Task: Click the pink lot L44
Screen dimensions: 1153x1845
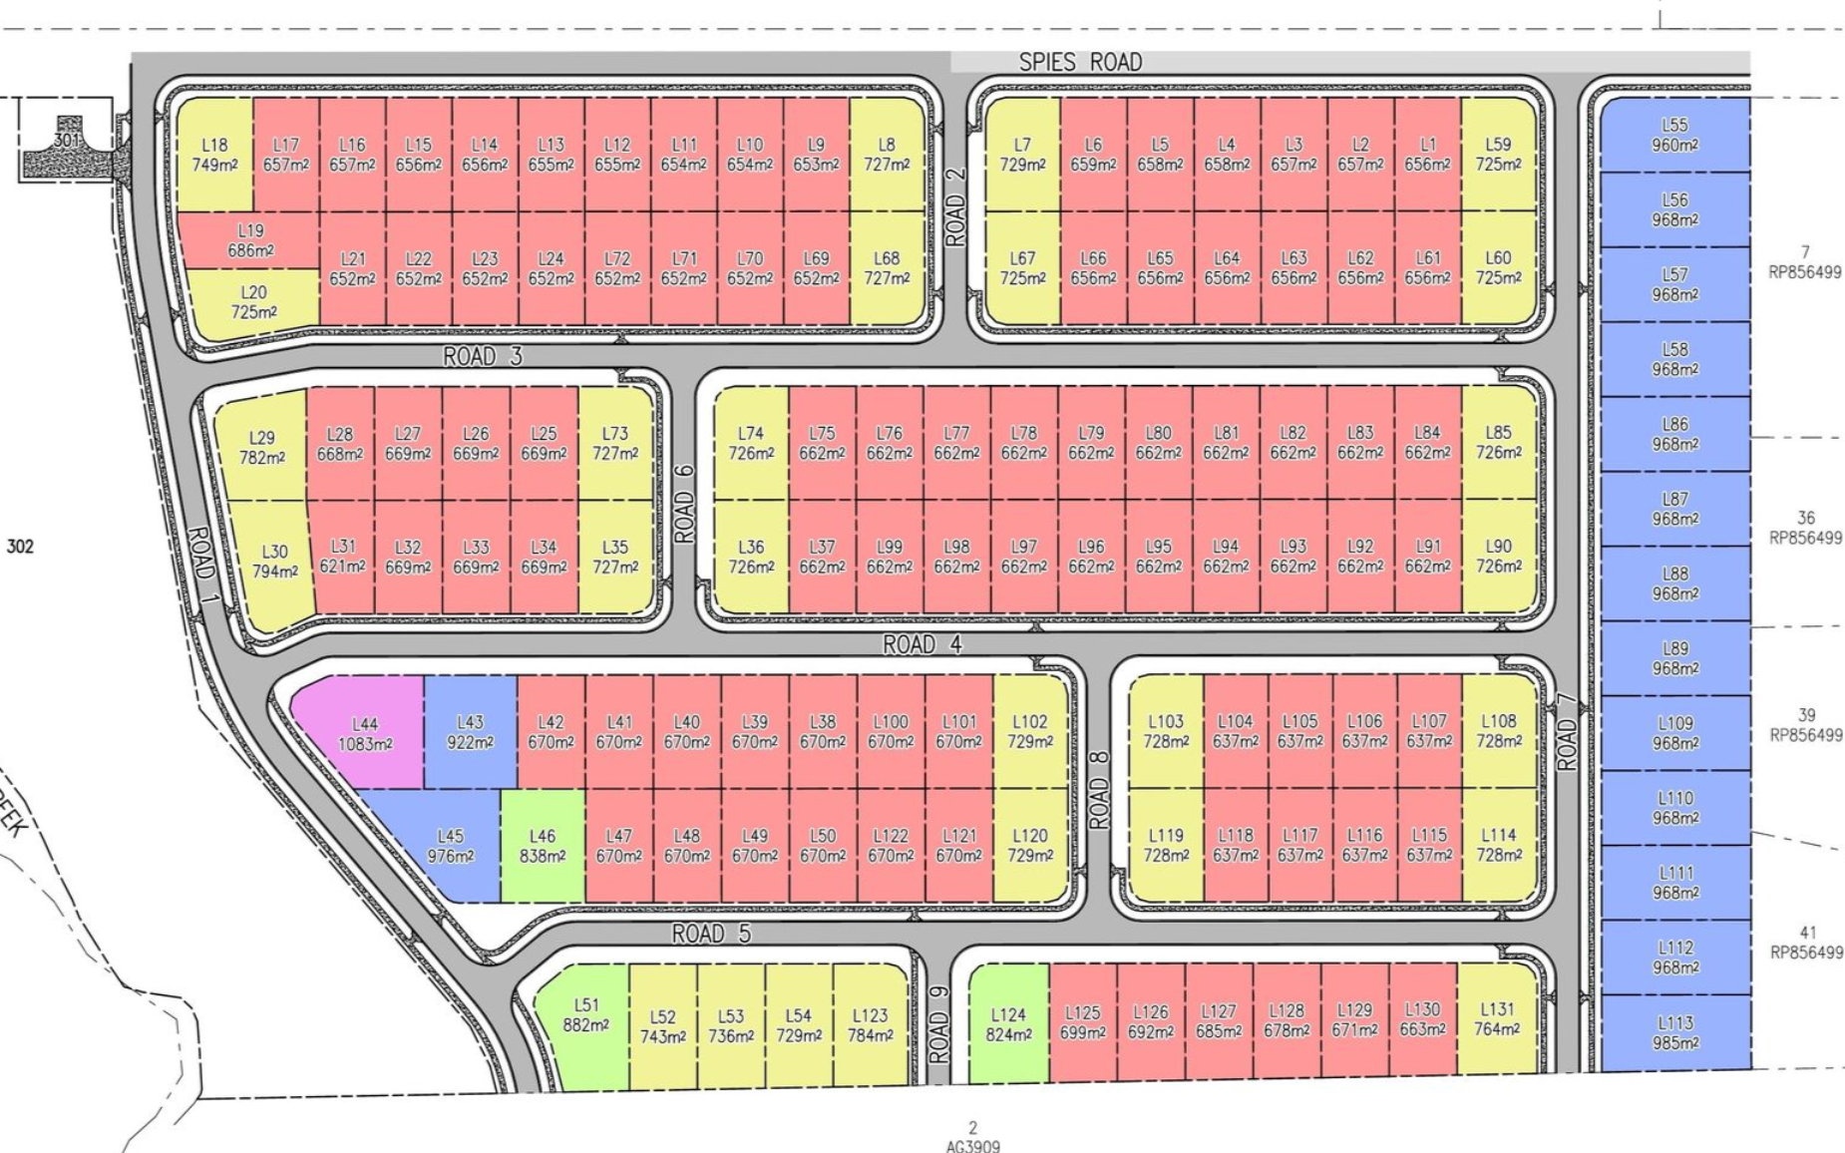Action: coord(364,732)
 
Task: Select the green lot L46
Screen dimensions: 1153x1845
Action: coord(542,846)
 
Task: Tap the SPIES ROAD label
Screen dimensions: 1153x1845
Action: coord(1079,63)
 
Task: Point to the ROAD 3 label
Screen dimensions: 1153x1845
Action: coord(482,356)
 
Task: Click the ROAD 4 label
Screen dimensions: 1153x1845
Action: coord(922,645)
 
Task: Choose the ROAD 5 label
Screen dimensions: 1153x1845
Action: coord(710,935)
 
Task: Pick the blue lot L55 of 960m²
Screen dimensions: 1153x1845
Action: coord(1674,135)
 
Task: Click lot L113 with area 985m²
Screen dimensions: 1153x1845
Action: coord(1674,1032)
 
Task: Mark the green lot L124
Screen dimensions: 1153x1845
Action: coord(1007,1023)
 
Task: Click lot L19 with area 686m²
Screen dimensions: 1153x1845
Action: coord(249,240)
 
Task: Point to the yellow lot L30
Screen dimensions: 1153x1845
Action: coord(274,562)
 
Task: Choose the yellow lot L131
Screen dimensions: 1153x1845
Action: coord(1496,1019)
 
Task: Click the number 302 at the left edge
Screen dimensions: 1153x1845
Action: coord(20,547)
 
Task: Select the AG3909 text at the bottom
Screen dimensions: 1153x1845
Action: coord(972,1146)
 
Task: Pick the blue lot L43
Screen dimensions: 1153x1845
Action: coord(470,732)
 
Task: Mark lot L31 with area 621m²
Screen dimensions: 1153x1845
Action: coord(342,557)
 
